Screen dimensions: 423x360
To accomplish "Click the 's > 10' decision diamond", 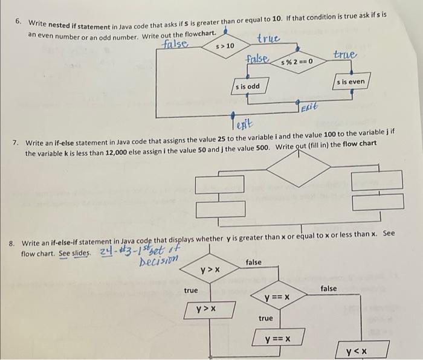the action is point(225,45).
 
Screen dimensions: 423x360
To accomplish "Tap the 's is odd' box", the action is point(247,86).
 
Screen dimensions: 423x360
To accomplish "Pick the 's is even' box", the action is point(350,82).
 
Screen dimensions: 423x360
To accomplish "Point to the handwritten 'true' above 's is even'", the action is point(346,55).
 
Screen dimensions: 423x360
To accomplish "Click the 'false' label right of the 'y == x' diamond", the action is point(329,289).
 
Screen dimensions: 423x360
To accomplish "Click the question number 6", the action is point(19,21).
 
